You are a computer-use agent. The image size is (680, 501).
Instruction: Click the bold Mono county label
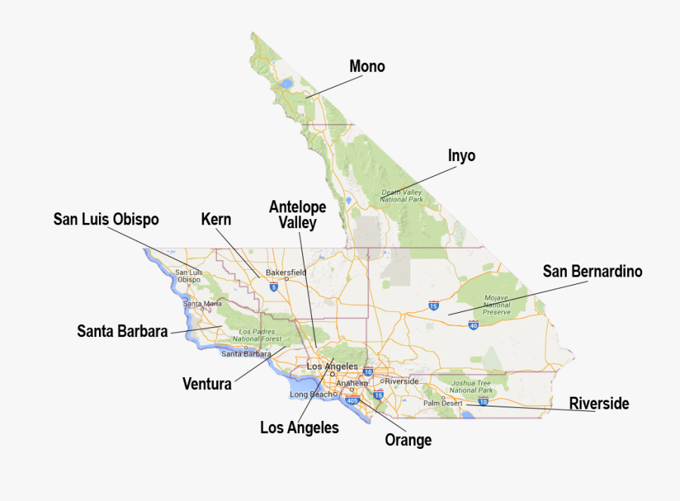[367, 66]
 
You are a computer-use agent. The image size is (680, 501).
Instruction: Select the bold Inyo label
[462, 156]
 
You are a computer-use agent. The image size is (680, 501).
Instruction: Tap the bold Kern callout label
[216, 219]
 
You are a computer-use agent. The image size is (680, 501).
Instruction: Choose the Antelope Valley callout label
[298, 215]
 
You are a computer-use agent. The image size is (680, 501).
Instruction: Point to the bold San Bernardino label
[592, 271]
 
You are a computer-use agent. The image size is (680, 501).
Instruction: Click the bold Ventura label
[207, 384]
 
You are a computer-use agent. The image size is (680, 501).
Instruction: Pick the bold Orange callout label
[408, 440]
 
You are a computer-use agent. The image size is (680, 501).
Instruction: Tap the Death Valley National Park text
[402, 196]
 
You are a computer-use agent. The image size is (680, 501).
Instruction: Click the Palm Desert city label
[442, 404]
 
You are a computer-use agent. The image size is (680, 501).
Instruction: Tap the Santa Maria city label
[202, 304]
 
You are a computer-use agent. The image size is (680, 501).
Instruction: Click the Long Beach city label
[311, 394]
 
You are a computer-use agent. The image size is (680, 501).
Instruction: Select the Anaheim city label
[351, 382]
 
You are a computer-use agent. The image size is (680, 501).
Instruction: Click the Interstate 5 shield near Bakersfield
[273, 287]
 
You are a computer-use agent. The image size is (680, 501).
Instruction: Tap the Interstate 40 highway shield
[474, 326]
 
